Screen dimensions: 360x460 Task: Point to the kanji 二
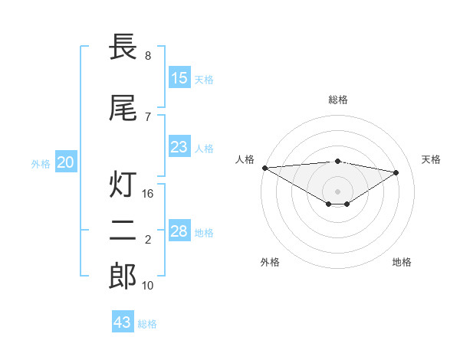click(123, 230)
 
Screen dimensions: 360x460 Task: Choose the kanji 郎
click(123, 276)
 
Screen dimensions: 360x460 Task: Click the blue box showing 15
click(179, 78)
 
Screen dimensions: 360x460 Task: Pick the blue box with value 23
click(179, 147)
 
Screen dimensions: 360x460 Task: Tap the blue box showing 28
click(179, 231)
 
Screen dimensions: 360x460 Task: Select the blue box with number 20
click(66, 162)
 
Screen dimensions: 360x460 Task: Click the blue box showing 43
click(123, 322)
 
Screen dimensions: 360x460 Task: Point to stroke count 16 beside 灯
click(149, 194)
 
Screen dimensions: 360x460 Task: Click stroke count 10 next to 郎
click(149, 286)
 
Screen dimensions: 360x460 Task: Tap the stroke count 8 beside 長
click(148, 56)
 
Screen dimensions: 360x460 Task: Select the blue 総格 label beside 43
click(147, 324)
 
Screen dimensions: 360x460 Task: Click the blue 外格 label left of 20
click(41, 163)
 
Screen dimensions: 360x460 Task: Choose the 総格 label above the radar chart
click(338, 100)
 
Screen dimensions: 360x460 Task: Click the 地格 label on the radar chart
click(402, 262)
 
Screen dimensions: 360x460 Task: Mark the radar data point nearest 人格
click(264, 168)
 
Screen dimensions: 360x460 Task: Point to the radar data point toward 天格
click(396, 172)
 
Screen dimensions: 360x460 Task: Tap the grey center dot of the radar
click(337, 190)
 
